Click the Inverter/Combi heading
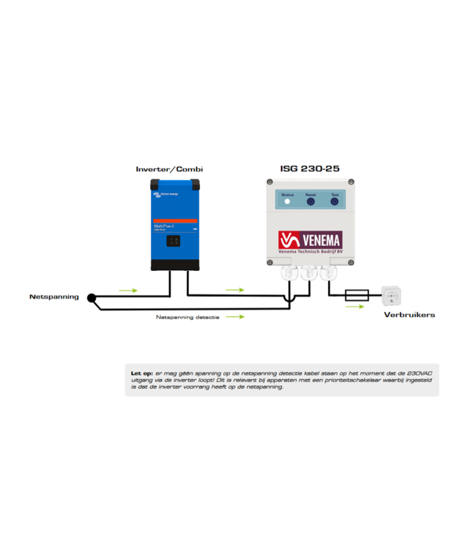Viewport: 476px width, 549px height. tap(169, 169)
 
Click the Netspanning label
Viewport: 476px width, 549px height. tap(53, 297)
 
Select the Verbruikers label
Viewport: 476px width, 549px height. tap(409, 315)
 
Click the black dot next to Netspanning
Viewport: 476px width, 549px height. tap(92, 298)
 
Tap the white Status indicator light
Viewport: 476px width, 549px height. tap(287, 201)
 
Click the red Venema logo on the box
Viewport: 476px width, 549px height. tap(309, 239)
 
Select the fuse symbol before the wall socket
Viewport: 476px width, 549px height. tap(357, 295)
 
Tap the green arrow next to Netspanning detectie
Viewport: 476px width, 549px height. tap(234, 317)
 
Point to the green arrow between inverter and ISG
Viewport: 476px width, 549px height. tap(234, 290)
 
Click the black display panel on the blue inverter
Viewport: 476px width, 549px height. tap(174, 240)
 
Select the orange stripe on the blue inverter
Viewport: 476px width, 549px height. tap(175, 220)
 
